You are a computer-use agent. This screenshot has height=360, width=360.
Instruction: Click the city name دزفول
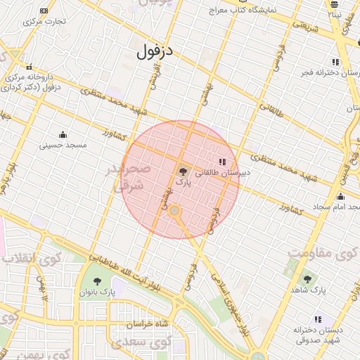point(156,51)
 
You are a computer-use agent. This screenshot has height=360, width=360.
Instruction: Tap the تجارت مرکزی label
point(44,21)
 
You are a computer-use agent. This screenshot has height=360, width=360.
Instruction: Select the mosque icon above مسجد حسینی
point(63,135)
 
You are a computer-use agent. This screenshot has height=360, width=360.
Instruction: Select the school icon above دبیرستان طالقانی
point(223,162)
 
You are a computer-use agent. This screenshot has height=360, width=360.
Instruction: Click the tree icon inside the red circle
point(183,171)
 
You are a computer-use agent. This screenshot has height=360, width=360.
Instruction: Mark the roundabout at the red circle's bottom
point(175,210)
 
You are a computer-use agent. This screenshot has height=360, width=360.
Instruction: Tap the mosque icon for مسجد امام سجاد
point(341,197)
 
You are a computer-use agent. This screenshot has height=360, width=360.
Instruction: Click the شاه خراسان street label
point(147,324)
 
